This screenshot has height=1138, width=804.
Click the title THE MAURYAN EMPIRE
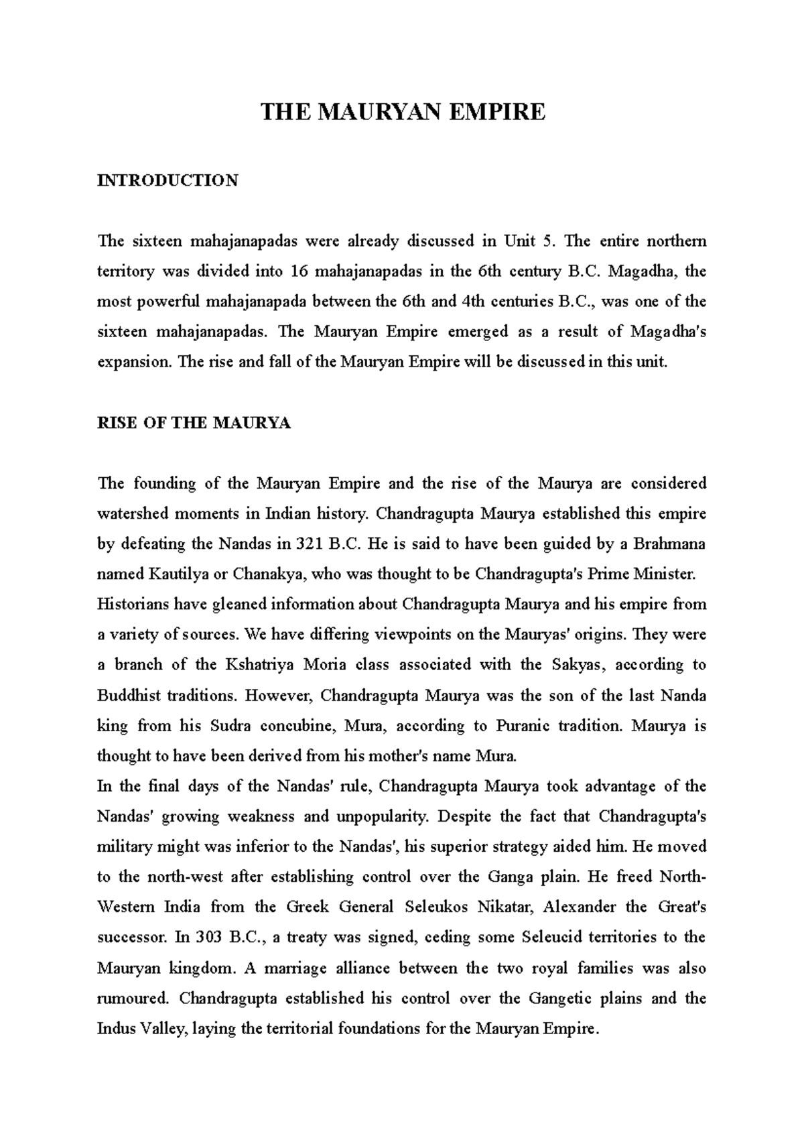403,111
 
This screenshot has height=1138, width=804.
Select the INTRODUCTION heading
167,180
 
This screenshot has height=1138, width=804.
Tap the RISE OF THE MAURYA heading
194,423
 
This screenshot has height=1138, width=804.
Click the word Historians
133,605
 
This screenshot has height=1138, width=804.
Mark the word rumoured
133,999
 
